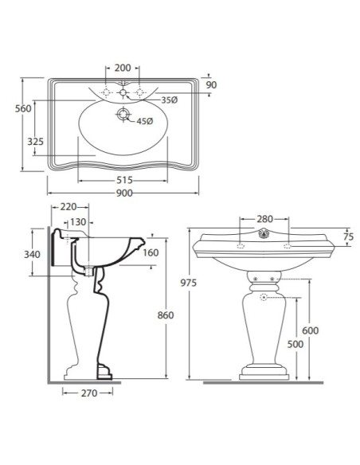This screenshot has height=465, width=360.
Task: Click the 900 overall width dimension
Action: point(124,193)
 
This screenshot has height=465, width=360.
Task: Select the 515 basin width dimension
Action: point(124,180)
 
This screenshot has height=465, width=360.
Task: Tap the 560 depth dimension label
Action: point(23,108)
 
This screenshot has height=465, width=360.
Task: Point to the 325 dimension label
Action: point(35,142)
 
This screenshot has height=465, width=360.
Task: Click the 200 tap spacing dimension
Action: point(123,68)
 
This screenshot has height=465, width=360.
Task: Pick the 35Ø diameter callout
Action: point(170,100)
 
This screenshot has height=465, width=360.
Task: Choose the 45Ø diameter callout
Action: point(145,121)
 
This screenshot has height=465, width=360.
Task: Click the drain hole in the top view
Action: point(123,114)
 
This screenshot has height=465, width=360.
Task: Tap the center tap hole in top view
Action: point(123,92)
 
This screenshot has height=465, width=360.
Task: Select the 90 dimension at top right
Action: point(211,85)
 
